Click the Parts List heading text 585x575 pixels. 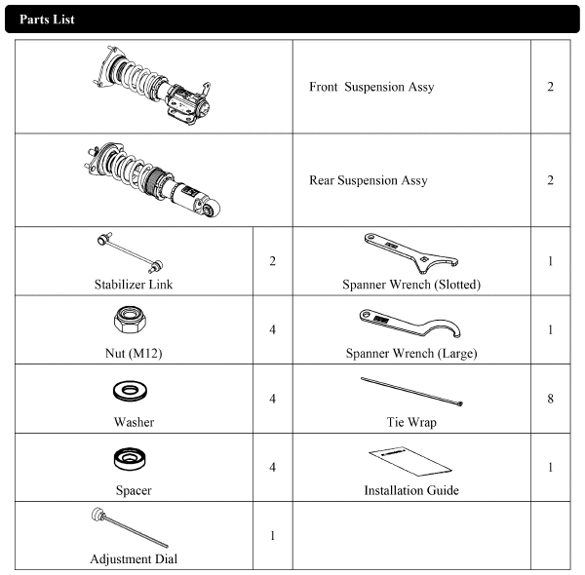[x=47, y=19]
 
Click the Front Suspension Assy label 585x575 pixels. [x=371, y=87]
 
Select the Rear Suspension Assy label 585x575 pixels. [x=369, y=180]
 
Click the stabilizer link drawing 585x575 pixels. [x=130, y=252]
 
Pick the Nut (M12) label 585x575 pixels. [x=134, y=353]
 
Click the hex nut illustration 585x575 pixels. [x=130, y=320]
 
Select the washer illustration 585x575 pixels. [x=130, y=391]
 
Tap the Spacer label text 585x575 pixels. [x=134, y=490]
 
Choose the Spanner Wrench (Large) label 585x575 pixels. [x=411, y=353]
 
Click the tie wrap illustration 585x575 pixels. [x=411, y=391]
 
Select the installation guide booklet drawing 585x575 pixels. [x=410, y=461]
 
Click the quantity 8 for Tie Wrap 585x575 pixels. [x=550, y=399]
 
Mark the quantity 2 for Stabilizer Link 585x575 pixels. [x=273, y=261]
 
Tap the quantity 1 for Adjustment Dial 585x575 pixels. [x=273, y=535]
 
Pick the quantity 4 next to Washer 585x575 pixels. [x=273, y=399]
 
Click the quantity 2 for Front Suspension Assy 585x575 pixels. [x=550, y=87]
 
